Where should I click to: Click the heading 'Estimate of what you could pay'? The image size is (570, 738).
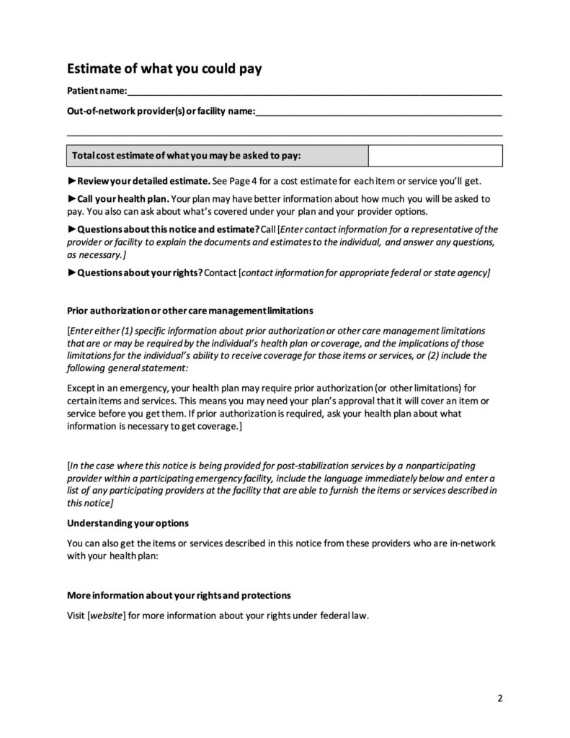click(x=164, y=69)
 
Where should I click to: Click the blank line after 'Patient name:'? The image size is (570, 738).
click(x=314, y=92)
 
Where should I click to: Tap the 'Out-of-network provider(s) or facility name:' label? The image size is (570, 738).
click(x=161, y=112)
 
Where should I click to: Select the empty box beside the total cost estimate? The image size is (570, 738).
click(x=435, y=156)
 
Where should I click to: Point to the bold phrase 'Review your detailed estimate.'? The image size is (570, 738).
click(x=143, y=181)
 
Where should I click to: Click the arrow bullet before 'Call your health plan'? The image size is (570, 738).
click(x=71, y=198)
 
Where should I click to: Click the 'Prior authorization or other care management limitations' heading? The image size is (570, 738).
click(x=190, y=311)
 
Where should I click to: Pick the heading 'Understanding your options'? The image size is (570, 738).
click(x=128, y=523)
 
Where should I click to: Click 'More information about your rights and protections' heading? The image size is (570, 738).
click(x=179, y=596)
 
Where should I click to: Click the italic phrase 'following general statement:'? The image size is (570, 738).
click(x=127, y=368)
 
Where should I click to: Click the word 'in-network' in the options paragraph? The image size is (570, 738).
click(x=476, y=543)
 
